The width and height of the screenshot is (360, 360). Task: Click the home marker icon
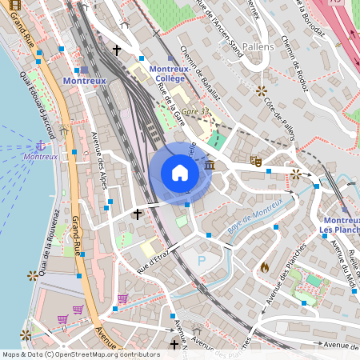click(180, 172)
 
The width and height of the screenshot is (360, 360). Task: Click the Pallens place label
click(262, 47)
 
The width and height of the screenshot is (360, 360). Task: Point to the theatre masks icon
click(257, 160)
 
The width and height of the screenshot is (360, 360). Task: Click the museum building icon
click(210, 165)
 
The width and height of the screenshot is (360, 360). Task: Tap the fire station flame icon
click(265, 266)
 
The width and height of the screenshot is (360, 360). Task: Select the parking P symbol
click(201, 261)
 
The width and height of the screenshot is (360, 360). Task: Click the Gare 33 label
click(194, 111)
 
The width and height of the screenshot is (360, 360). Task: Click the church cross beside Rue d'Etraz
click(137, 214)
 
